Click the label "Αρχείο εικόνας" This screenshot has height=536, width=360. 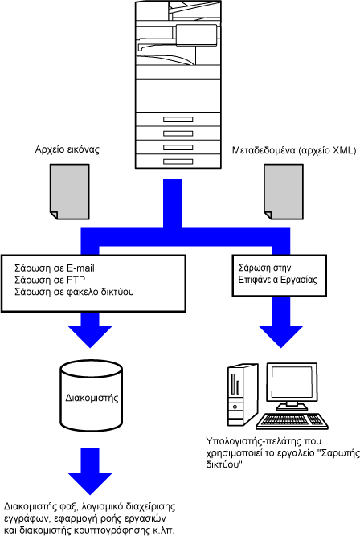point(67,149)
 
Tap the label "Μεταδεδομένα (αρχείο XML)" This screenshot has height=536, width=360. point(294,150)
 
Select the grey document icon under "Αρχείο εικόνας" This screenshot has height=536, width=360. point(70,191)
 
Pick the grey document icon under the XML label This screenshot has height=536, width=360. point(284,191)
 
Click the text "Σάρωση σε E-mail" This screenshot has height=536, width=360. point(55,268)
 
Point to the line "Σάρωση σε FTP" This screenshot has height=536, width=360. point(50,280)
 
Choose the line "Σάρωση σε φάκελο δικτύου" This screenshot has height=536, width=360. point(74,292)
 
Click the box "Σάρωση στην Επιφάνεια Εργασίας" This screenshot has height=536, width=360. point(280,275)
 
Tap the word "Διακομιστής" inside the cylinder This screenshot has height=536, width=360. point(92,398)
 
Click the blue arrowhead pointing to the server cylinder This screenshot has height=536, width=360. point(90,337)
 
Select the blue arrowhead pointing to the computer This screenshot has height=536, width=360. point(281,337)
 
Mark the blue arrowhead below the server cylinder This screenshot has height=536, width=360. point(90,484)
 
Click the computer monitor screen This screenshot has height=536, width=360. point(292,381)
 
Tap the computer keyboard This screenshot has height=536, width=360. point(292,421)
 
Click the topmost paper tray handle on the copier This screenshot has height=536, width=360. point(178,119)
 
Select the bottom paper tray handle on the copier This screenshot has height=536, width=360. point(178,162)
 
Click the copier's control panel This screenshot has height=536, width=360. point(196,35)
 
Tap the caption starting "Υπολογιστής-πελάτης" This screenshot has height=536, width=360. point(283,453)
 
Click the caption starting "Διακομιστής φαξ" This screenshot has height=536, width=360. point(89,518)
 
